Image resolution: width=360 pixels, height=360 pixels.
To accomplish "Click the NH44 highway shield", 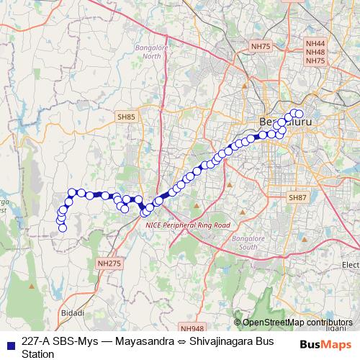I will click(x=315, y=44).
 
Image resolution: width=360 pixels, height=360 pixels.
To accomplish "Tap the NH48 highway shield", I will click(x=315, y=53).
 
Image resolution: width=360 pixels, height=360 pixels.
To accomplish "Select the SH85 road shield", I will click(x=126, y=116).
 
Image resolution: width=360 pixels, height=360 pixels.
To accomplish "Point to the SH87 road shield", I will click(x=297, y=197).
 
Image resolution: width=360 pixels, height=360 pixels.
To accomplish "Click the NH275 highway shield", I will click(x=109, y=264).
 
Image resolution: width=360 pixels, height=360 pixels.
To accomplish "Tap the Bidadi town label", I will click(x=74, y=313).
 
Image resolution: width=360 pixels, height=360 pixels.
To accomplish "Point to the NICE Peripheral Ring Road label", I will click(x=187, y=225).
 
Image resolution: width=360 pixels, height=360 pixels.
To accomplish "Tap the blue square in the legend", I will click(x=10, y=343).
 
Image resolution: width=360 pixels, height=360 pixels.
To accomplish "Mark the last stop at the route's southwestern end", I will click(x=63, y=228).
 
